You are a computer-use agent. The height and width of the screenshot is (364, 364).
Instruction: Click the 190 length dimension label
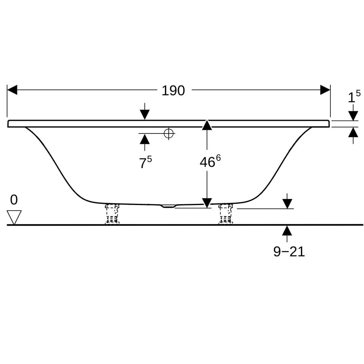click(173, 91)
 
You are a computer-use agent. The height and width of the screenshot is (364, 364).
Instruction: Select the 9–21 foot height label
click(289, 252)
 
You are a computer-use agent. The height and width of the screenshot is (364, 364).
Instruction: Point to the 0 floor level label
click(14, 200)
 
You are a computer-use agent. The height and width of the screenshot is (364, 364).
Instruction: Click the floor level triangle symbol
click(14, 217)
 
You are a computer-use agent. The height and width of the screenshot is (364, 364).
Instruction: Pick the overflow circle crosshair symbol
click(169, 133)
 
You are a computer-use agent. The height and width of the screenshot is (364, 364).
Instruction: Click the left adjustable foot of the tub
click(112, 214)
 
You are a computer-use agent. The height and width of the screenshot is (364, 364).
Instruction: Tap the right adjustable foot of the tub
click(226, 214)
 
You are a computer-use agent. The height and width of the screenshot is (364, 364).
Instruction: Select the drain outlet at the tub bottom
click(169, 206)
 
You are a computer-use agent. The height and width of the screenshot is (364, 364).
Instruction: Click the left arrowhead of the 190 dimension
click(12, 90)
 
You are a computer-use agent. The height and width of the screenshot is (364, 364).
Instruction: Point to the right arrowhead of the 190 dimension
click(325, 90)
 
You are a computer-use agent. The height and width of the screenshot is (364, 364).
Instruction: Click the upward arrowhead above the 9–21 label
click(288, 231)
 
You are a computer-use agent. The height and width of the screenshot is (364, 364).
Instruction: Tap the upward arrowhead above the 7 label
click(145, 139)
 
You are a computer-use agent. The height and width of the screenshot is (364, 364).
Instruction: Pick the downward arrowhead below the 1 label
click(353, 116)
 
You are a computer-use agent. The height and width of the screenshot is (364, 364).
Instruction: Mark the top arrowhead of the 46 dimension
click(207, 125)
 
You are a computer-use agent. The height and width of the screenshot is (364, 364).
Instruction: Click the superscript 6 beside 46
click(218, 158)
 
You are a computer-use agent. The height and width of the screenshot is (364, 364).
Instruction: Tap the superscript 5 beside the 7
click(150, 159)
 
